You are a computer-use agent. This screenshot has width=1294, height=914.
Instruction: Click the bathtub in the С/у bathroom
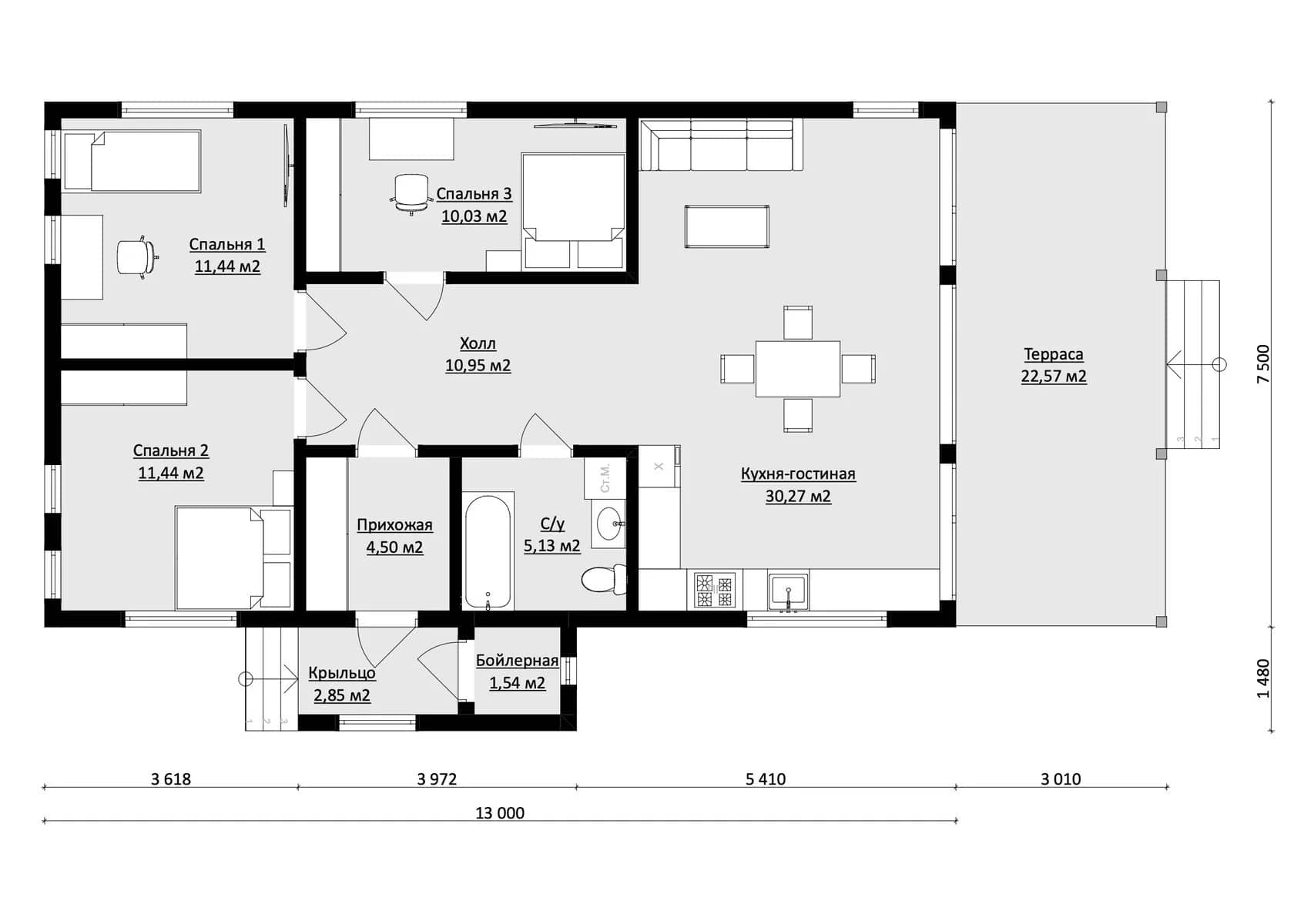pos(488,551)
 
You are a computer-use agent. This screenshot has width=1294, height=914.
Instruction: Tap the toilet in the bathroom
pos(603,579)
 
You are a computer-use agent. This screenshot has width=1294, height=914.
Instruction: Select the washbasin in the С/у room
pos(608,524)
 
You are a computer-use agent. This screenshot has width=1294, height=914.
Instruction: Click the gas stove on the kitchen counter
pos(715,590)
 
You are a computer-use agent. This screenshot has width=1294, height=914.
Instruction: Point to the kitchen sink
pos(789,590)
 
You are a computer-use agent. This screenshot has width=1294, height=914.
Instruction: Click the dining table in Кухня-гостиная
pos(798,369)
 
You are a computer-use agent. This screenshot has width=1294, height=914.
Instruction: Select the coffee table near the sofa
pos(727,227)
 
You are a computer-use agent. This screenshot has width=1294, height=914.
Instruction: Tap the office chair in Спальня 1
pos(137,257)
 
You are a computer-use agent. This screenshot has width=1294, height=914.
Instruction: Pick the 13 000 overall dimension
pos(500,813)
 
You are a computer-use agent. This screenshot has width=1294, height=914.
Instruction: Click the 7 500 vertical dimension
pos(1263,363)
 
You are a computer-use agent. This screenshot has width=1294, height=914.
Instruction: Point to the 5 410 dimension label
pos(766,779)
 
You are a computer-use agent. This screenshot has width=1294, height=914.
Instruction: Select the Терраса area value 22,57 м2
pos(1054,377)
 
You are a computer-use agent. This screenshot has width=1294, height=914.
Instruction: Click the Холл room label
pos(478,343)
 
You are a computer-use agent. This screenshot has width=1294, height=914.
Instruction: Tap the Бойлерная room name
pos(517,661)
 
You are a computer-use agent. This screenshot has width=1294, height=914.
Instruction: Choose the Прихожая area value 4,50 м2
pos(394,547)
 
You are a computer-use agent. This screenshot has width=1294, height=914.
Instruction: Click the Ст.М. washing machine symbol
pos(605,478)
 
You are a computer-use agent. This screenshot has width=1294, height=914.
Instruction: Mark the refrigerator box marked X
pos(659,466)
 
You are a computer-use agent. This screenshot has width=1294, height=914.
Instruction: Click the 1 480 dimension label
pos(1263,678)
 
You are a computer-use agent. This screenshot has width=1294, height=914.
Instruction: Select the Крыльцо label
pos(342,673)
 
